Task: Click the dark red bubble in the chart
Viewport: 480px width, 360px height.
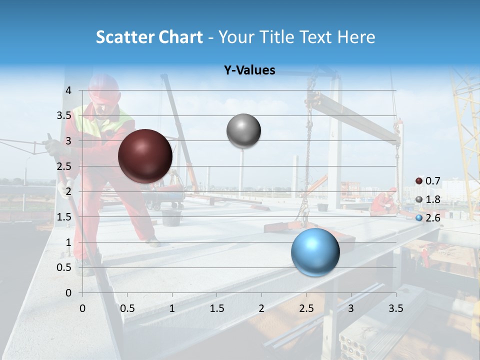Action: (x=145, y=156)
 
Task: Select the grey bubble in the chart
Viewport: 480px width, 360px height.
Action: (x=243, y=131)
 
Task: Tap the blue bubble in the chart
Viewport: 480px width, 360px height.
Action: (x=315, y=252)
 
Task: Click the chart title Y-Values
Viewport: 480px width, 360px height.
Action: (x=249, y=70)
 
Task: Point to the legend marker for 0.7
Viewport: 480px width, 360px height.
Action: (x=419, y=181)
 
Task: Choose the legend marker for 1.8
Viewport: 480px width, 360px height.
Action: (x=419, y=199)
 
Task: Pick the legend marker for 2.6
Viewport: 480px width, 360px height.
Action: (x=419, y=217)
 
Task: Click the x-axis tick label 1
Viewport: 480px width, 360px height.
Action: (x=172, y=308)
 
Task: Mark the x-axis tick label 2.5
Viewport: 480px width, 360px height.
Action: (x=306, y=308)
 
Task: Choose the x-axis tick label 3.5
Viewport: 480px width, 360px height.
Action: (x=395, y=308)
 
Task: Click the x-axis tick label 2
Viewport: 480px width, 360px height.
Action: (x=261, y=308)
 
